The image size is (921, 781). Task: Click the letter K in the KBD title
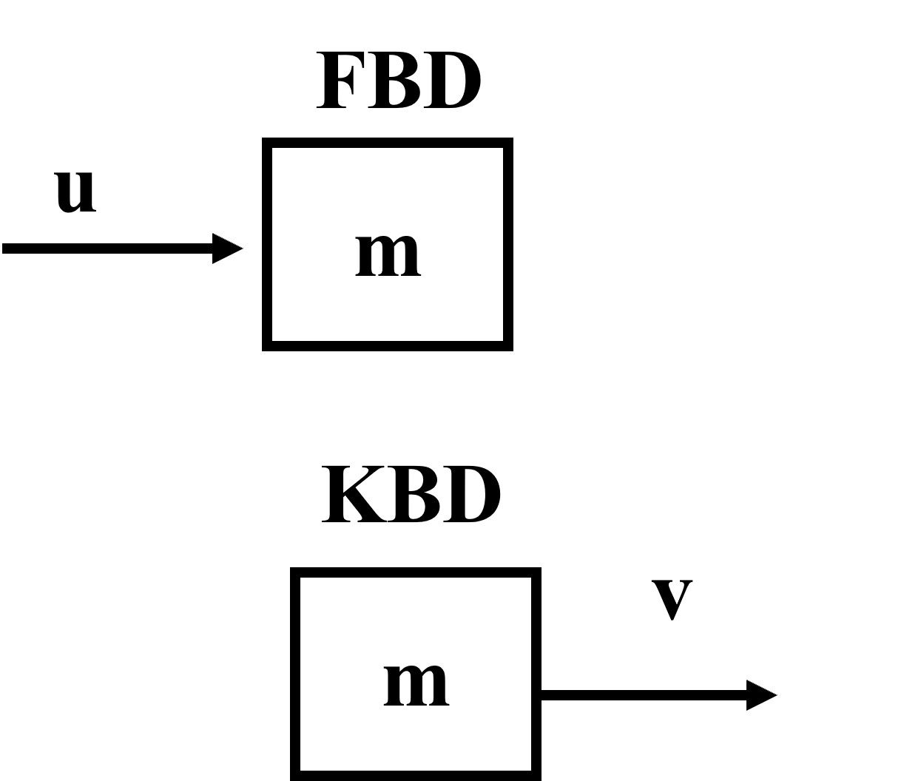352,494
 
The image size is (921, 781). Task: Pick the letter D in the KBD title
470,494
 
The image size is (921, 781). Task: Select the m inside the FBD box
388,254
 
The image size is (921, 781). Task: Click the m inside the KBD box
416,684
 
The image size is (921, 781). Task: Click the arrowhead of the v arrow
762,695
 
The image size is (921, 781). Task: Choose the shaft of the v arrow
644,695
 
